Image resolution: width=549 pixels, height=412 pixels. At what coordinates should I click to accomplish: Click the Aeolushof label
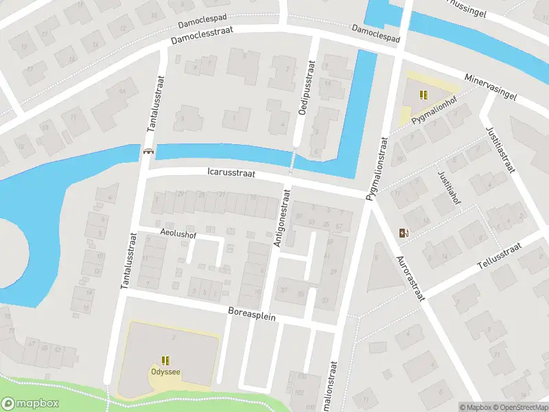tap(178, 233)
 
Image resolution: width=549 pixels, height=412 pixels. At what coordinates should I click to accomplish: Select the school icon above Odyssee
tap(165, 360)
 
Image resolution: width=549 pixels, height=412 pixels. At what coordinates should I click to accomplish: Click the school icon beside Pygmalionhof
tap(423, 95)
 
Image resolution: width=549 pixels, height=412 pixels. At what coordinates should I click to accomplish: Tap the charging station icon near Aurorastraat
tap(402, 233)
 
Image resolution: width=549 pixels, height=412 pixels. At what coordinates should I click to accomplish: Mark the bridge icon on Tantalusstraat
tap(148, 151)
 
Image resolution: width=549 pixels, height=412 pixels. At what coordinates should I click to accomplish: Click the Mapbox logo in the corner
tap(30, 404)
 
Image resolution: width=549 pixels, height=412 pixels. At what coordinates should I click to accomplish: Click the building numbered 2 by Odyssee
tap(174, 338)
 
